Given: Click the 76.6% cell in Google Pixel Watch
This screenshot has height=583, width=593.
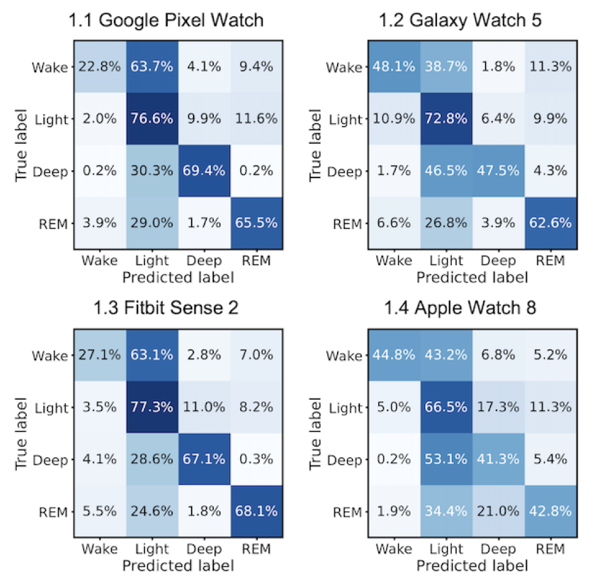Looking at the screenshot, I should coord(152,119).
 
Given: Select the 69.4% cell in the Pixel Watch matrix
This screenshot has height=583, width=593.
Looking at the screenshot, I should coord(204,171).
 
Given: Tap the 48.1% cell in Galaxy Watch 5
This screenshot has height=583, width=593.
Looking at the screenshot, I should coord(394,67).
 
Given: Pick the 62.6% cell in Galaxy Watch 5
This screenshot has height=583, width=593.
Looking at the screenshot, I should coord(550,223).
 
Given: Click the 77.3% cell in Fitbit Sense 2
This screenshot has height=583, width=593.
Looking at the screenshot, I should coord(152,407).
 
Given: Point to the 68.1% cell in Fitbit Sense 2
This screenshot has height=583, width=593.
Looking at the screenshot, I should coord(256,512).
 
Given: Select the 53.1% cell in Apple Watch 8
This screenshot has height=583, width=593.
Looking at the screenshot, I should coord(446,459).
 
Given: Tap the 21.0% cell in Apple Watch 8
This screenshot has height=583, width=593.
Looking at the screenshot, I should coord(498,512).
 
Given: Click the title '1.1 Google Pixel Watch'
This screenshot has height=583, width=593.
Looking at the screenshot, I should coord(166,21).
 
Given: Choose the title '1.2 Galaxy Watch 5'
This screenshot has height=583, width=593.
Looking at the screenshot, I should coord(460,21).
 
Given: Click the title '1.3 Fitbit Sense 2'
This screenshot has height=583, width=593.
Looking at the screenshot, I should coord(166,308).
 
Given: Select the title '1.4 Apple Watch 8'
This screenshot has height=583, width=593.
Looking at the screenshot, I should coord(460,308).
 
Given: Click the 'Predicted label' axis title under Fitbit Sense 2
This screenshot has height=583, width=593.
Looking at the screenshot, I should coord(178,566).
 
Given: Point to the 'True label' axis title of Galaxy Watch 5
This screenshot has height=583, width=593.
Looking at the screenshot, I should coord(315,145).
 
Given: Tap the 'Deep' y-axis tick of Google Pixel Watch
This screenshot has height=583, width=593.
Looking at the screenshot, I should coord(50,172).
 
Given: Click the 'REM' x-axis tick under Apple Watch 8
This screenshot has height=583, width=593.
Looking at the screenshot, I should coord(550,549).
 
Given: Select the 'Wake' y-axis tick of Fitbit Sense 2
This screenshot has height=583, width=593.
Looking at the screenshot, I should coord(50,356).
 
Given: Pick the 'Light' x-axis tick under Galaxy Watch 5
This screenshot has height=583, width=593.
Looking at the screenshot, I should coord(446,261).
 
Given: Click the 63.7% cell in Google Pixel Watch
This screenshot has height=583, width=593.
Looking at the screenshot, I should coord(152,67).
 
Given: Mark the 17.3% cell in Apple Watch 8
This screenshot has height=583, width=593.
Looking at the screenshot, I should coord(498,407).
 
